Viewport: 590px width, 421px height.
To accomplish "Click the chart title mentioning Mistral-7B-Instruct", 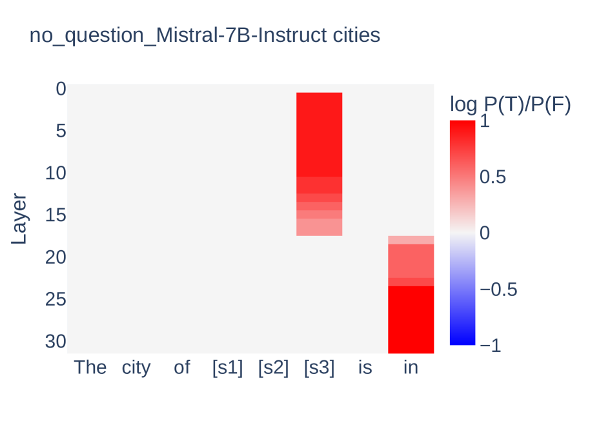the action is point(205,35).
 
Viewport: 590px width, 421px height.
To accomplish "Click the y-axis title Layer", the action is point(19,219).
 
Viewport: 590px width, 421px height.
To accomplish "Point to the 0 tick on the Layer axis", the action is point(61,89).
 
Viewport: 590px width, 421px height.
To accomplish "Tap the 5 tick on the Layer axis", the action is point(61,131).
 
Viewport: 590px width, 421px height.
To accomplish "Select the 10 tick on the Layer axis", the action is point(56,173).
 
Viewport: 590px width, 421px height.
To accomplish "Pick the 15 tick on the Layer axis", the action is point(56,215).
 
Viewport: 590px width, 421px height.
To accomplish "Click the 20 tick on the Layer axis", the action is point(56,257).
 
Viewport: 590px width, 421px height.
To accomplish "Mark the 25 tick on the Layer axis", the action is point(56,300).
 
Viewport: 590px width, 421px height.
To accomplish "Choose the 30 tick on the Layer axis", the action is point(56,342).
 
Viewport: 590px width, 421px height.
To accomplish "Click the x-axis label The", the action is point(90,367).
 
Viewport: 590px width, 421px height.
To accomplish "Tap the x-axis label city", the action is point(136,368).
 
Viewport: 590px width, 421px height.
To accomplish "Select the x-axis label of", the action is point(182,367).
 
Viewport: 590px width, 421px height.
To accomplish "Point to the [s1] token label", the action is point(228,368).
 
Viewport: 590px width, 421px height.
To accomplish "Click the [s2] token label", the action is point(274,368).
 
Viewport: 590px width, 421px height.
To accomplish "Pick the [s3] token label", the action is point(320,368).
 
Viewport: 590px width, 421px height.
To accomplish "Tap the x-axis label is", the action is point(365,367).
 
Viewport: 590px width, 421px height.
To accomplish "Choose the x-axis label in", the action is point(411,367).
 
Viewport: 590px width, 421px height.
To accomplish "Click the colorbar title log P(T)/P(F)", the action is point(511,104).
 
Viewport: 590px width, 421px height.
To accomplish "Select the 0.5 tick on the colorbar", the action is point(493,177).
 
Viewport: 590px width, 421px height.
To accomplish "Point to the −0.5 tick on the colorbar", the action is point(498,290).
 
